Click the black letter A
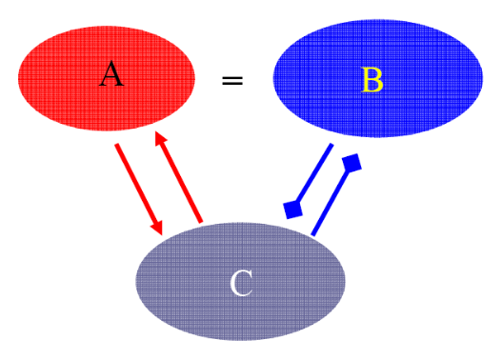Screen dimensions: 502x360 [x=111, y=74]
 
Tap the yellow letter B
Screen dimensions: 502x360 [x=372, y=80]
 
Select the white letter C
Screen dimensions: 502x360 [x=241, y=284]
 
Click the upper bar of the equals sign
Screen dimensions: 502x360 [x=232, y=77]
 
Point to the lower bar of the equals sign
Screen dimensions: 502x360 [x=232, y=84]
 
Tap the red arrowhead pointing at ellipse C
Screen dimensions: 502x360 [x=157, y=228]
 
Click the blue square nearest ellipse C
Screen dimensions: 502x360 [x=293, y=210]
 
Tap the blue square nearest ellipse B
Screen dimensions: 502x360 [x=351, y=163]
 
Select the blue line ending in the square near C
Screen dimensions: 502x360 [x=314, y=174]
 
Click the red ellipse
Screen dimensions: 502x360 [x=107, y=78]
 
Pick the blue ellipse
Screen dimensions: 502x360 [x=378, y=78]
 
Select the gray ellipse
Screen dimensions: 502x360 [x=241, y=282]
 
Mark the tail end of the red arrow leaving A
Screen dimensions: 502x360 [x=116, y=145]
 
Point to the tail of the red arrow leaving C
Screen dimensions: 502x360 [x=201, y=222]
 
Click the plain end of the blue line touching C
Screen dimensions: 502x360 [x=312, y=235]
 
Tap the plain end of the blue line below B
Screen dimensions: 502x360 [x=332, y=145]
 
